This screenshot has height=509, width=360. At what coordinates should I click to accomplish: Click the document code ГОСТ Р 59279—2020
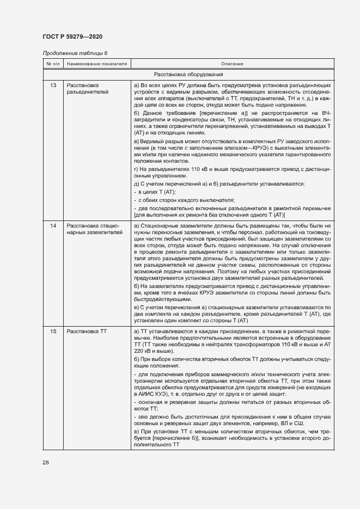pyautogui.click(x=72, y=36)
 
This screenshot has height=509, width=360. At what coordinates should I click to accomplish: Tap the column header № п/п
pyautogui.click(x=53, y=64)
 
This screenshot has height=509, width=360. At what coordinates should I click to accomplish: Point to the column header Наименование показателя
pyautogui.click(x=96, y=64)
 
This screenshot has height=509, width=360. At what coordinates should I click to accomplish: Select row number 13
pyautogui.click(x=53, y=85)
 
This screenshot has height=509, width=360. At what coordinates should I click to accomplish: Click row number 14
pyautogui.click(x=53, y=225)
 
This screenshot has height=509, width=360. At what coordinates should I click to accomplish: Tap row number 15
pyautogui.click(x=53, y=332)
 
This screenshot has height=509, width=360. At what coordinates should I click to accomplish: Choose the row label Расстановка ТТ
pyautogui.click(x=87, y=332)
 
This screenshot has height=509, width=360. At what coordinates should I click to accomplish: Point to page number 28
pyautogui.click(x=46, y=462)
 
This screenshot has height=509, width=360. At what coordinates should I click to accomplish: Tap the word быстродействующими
pyautogui.click(x=162, y=299)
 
